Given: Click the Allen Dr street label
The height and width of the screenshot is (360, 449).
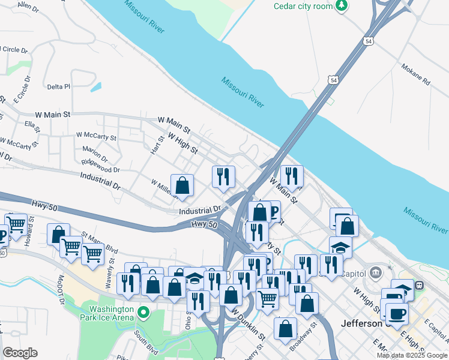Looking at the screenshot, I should [x=28, y=7].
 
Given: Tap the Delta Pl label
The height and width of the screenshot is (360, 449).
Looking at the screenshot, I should [x=59, y=86].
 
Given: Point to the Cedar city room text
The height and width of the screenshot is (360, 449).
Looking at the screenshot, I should [x=303, y=6].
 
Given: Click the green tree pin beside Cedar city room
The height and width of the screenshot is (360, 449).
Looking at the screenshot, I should [x=342, y=5].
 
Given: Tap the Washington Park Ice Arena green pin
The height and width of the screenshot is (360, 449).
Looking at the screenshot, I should [x=143, y=313].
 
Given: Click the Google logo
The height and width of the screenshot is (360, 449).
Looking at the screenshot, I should [x=20, y=353].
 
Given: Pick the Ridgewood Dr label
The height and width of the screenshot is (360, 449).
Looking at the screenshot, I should [x=101, y=166].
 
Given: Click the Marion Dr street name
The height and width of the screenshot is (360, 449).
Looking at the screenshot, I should [x=95, y=155].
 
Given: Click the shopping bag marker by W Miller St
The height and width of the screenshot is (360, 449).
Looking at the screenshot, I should [x=182, y=185].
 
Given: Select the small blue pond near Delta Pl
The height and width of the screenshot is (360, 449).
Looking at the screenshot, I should [x=96, y=86].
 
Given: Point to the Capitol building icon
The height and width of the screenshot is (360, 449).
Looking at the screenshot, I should [x=376, y=272].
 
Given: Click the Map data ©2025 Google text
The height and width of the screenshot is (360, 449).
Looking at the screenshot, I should [x=411, y=355].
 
